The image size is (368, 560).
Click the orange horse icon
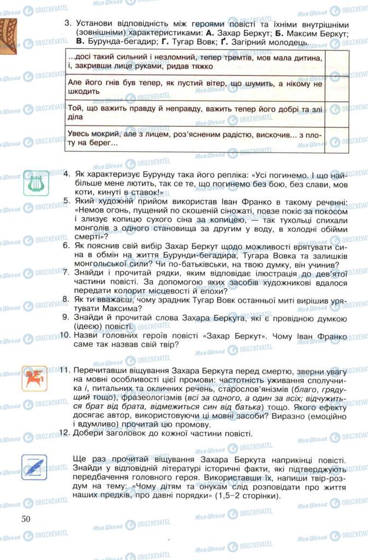(34, 378)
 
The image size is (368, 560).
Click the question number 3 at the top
(67, 24)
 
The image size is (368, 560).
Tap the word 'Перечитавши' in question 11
(102, 370)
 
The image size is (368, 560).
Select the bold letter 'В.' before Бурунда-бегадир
(80, 42)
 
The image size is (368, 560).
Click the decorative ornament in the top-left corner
(8, 32)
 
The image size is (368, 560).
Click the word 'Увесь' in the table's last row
(80, 135)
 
